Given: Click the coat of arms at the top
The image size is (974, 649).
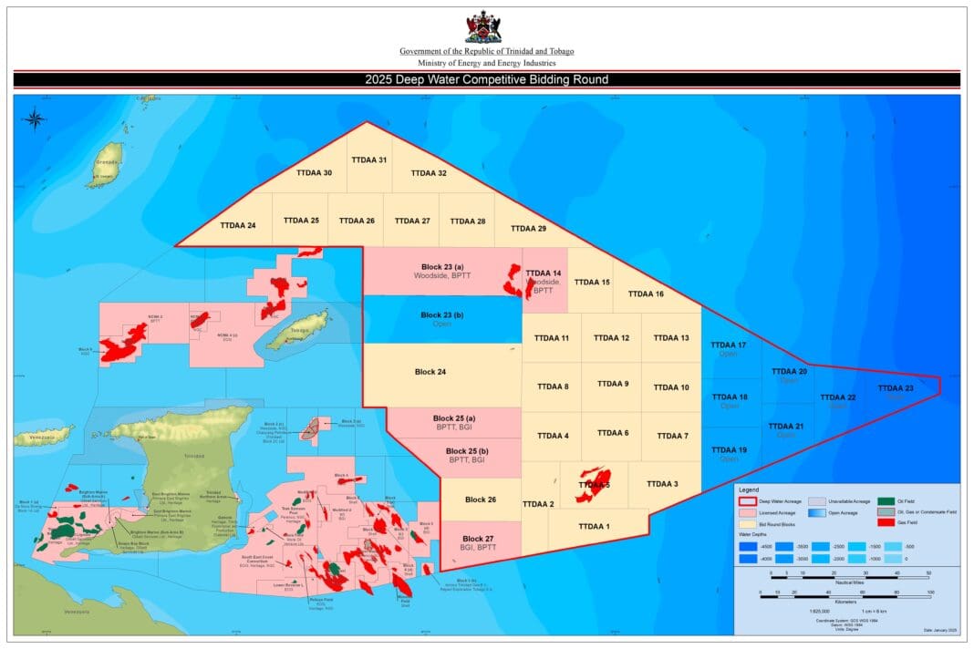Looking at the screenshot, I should click(x=482, y=26).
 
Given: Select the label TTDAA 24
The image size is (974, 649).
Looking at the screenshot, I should click(x=238, y=224).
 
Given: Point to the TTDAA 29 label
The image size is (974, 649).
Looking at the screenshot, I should click(x=528, y=229).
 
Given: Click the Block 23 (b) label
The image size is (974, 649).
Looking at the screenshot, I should click(x=442, y=315).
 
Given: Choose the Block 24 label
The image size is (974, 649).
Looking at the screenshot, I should click(x=430, y=372).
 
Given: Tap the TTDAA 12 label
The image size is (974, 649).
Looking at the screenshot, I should click(x=611, y=338).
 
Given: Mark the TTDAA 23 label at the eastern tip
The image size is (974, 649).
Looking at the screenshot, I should click(x=896, y=388).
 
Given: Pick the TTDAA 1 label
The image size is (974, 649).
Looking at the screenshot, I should click(x=594, y=526).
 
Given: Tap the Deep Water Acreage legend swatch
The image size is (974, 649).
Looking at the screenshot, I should click(x=747, y=500).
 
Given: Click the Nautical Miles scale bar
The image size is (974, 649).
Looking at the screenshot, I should click(x=848, y=575).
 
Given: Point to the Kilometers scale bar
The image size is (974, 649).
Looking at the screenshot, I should click(x=844, y=593).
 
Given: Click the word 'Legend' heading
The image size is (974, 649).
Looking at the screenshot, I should click(x=749, y=489).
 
